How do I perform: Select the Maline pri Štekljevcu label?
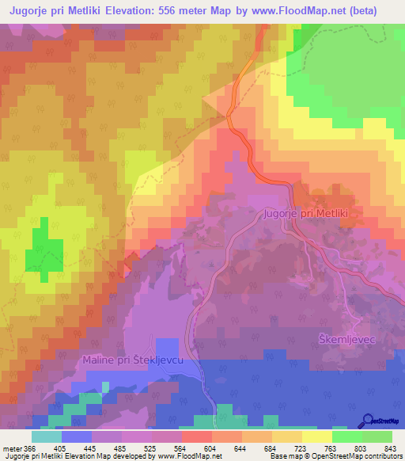[134, 360]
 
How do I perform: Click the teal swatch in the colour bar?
[47, 436]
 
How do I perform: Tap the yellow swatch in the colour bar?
[317, 436]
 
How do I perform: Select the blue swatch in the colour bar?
[77, 436]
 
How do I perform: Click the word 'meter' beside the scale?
[11, 449]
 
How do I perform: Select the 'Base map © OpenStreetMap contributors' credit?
[335, 457]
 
